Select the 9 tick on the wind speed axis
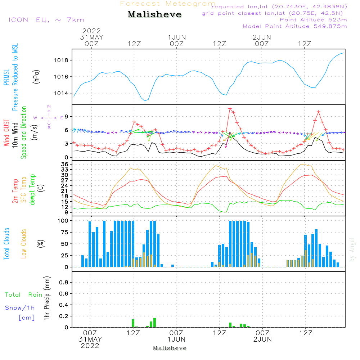pos(67,116)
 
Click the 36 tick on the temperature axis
pos(65,164)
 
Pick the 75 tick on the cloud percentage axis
pos(65,232)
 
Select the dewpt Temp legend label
pos(32,190)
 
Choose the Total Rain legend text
pos(24,294)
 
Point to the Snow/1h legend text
pos(20,308)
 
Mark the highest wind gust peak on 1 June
pos(230,108)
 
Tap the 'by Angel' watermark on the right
pos(352,249)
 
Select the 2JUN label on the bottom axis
pos(262,339)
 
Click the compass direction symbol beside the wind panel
pos(49,117)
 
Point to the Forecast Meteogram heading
pos(168,4)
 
